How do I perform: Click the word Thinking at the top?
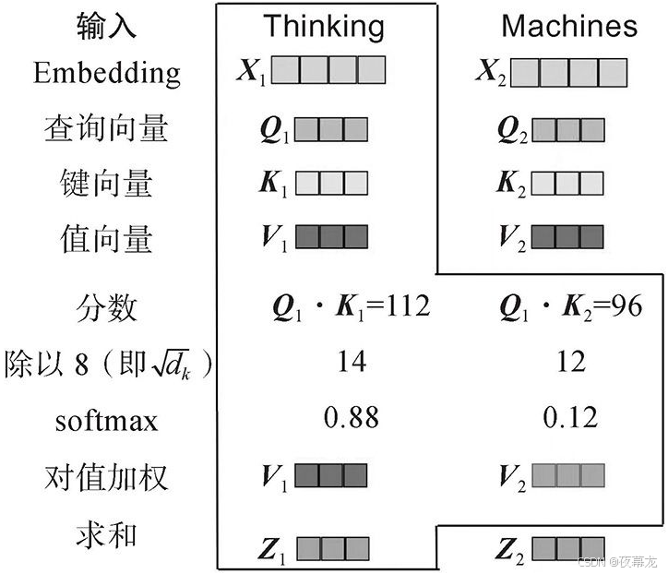pos(323,26)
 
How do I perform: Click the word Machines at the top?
pos(569,26)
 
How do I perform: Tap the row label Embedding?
pos(107,73)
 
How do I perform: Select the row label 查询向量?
pos(106,128)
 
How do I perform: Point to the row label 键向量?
pos(106,184)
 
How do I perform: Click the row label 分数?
pos(106,307)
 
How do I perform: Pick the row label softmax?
pos(106,422)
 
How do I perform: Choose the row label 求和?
pos(106,534)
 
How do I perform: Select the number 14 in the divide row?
pos(351,362)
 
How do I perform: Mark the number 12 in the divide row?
pos(571,362)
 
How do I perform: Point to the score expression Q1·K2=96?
pos(570,306)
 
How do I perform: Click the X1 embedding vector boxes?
pos(328,71)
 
